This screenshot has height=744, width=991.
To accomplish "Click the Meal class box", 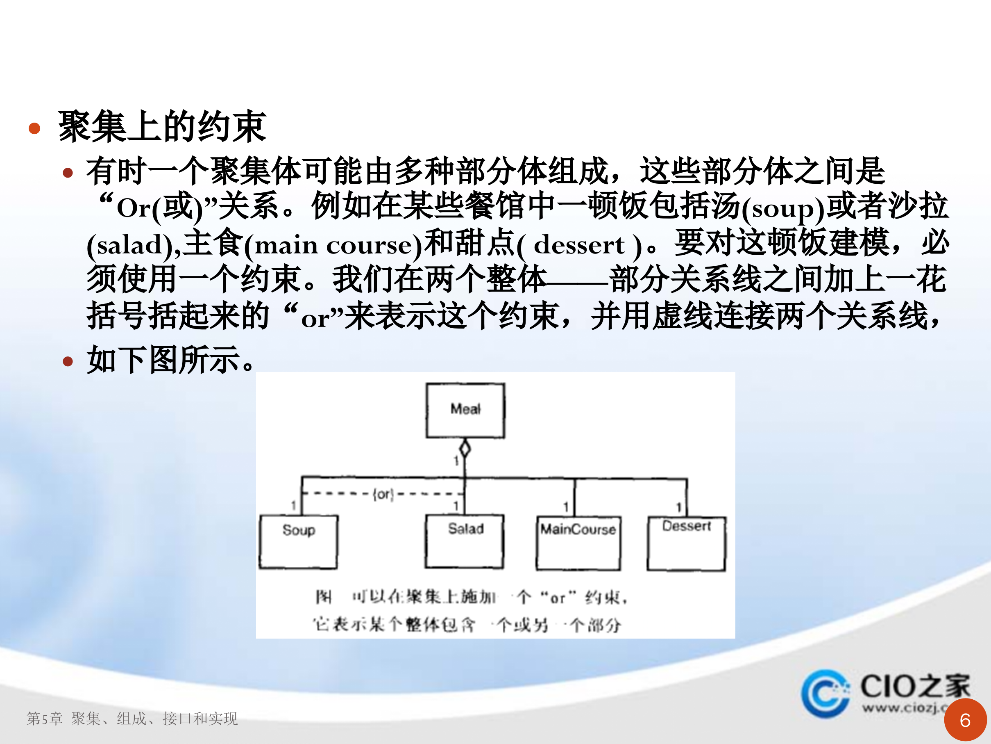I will coord(465,410).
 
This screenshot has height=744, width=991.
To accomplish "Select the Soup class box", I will coord(298,542).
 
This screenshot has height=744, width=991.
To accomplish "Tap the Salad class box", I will coord(465,541).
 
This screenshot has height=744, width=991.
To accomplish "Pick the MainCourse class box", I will coord(578,543).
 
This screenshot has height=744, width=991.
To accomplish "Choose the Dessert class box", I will coord(686,543).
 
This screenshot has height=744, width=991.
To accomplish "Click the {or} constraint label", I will coord(383,494).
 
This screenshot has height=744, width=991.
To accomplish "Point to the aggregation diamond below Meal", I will coord(465,448).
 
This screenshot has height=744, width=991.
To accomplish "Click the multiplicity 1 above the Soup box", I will coord(293,506).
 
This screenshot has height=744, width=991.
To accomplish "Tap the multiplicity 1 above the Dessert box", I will coord(679,507).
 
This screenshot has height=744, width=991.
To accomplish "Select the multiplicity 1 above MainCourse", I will coord(566,507).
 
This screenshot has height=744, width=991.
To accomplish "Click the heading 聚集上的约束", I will coord(162,127).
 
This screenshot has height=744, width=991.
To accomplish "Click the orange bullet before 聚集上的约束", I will coord(34,129).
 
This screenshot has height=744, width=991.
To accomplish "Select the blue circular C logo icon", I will coord(825,693).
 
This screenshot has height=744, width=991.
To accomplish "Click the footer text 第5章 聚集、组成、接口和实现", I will coord(132,719).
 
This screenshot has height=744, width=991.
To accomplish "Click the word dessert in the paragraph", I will coord(579,245).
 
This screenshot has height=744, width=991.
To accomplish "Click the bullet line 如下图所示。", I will coord(170,360).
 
